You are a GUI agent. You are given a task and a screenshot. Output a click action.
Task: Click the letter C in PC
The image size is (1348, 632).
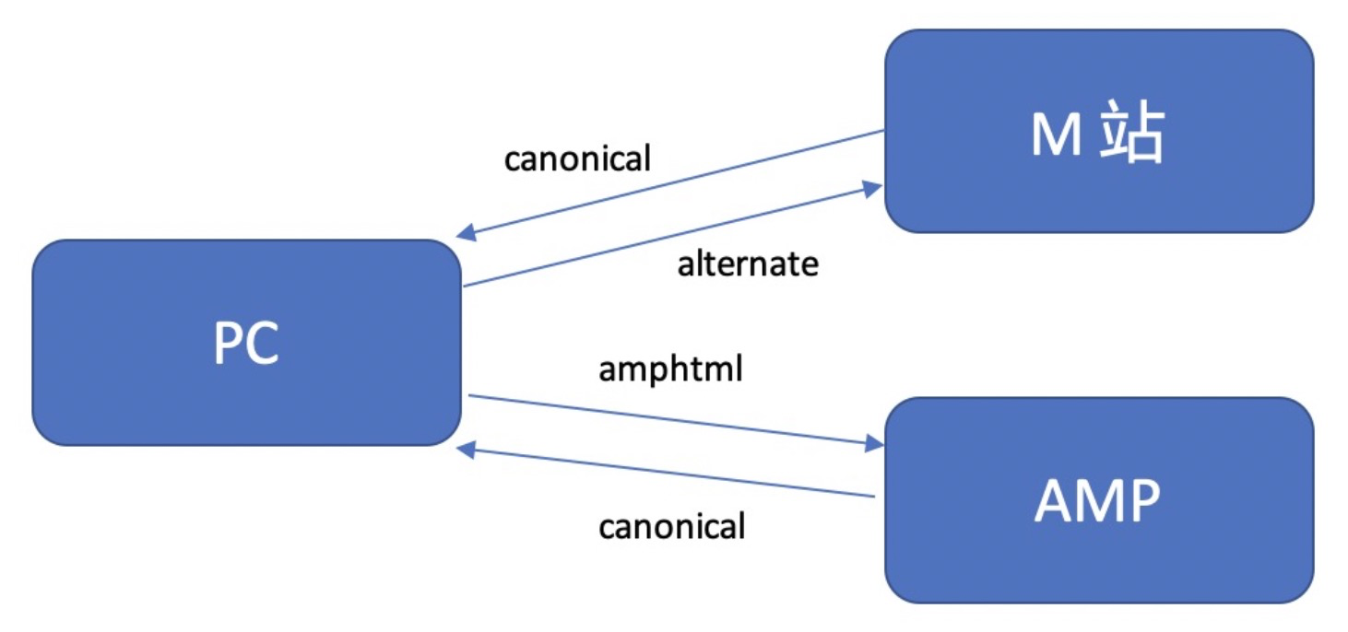(x=263, y=345)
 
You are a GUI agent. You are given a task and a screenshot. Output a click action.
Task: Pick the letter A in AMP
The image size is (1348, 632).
(x=1055, y=501)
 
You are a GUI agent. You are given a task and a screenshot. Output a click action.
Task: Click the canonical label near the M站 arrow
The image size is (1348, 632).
(x=577, y=158)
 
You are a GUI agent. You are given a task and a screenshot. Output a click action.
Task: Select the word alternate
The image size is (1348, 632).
(x=748, y=264)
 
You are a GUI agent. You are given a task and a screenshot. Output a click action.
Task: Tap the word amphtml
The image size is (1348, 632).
(x=670, y=369)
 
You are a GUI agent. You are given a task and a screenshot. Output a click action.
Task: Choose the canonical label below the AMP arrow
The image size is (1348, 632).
(x=671, y=527)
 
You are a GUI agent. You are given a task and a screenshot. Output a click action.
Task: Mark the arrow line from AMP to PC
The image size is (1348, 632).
(x=673, y=472)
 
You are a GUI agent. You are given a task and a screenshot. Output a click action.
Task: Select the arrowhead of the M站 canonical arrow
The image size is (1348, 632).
(x=467, y=233)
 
